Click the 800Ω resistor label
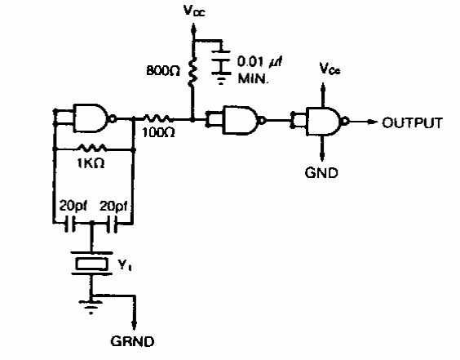click(163, 70)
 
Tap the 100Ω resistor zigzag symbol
click(157, 118)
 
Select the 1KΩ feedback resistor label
click(91, 163)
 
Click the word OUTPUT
click(412, 122)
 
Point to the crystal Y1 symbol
click(91, 264)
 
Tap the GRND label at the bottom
click(132, 341)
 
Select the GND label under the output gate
click(321, 173)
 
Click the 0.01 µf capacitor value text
click(260, 62)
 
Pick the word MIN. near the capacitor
click(253, 78)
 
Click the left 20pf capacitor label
click(73, 207)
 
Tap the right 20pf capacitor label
click(113, 207)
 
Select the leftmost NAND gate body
click(92, 118)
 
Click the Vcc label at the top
click(194, 11)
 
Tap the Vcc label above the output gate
click(330, 69)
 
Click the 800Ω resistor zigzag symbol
click(192, 72)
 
